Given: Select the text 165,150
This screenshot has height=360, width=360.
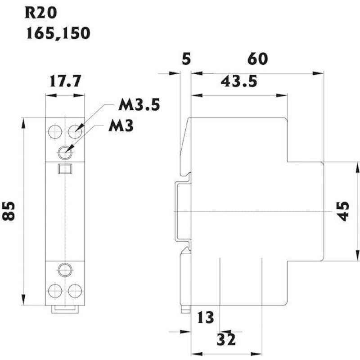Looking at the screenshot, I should tap(58, 33).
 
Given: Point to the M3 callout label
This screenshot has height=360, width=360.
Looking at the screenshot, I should tap(121, 126).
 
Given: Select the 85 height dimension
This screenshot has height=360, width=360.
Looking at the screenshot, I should tap(10, 210).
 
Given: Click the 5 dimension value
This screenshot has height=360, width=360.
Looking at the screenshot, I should tap(185, 59).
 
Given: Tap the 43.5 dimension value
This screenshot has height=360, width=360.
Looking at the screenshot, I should tap(238, 81).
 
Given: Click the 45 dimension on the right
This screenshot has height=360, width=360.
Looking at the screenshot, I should tap(344, 211).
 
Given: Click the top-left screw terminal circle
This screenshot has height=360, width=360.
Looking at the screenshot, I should tap(55, 131).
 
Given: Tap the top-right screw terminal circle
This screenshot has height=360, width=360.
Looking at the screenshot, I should tap(75, 131).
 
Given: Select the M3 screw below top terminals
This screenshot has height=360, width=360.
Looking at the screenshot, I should tap(65, 152).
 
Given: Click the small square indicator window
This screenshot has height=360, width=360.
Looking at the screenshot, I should tap(65, 169).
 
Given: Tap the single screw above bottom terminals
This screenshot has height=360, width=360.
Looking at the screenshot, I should tap(65, 270).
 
